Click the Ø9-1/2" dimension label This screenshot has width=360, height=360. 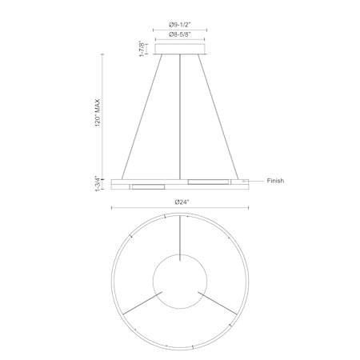click(180, 25)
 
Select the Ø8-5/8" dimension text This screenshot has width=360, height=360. click(180, 34)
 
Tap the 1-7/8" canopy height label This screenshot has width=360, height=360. click(143, 49)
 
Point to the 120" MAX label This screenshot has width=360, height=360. click(98, 113)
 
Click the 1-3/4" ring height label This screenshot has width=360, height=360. click(98, 184)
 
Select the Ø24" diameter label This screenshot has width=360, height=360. click(182, 202)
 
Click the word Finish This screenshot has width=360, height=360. click(275, 181)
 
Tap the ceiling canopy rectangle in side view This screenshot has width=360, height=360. click(180, 49)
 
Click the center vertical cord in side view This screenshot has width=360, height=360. click(180, 117)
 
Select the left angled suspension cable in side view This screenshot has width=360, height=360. click(142, 117)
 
